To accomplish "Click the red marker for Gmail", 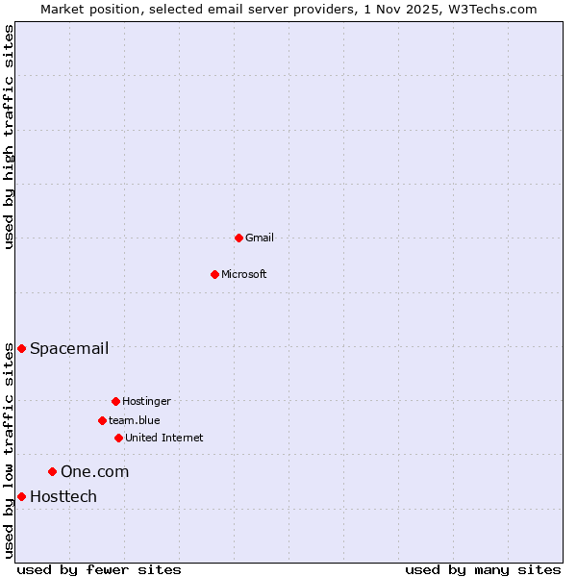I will pos(238,238).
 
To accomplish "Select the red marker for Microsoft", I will pos(215,274).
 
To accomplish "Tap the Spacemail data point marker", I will pos(21,348).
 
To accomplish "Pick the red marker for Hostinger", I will pos(115,401).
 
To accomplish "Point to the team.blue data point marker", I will pos(102,420).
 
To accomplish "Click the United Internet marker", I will pos(118,438).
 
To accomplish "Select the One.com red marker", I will pos(52,471).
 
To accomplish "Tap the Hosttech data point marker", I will pos(21,496).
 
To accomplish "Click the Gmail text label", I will pos(260,238).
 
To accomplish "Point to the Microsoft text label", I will pos(244,274).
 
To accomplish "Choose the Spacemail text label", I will pos(69,348).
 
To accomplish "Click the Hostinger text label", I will pos(146,401).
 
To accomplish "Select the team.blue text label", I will pos(135,420).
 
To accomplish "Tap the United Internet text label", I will pos(164,438).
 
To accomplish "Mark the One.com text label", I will pos(94,471).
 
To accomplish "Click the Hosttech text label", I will pos(63,496).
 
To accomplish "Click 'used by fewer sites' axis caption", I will pos(99,569).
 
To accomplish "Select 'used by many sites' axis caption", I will pos(483,569).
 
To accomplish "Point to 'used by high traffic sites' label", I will pos(9,137).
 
